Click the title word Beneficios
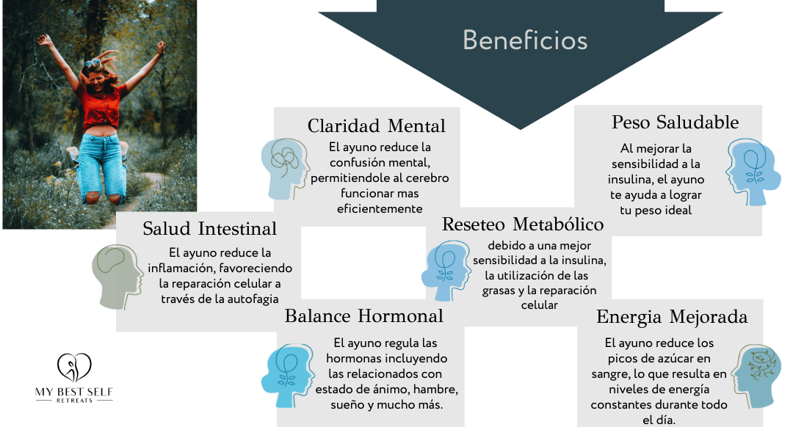coord(525,40)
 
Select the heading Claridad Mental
coord(376,126)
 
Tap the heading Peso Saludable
coord(675,123)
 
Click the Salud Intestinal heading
coord(209,228)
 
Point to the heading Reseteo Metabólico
coord(523,224)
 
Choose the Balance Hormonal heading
coord(363,315)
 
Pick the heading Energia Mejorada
coord(672,317)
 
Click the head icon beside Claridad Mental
coord(285,169)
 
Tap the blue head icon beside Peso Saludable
coord(753,172)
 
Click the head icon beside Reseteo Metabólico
coord(445,270)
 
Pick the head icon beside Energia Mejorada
coord(756,376)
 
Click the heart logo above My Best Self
coord(74,367)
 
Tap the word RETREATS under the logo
coord(74,401)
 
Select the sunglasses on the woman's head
coord(93,62)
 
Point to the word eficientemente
coord(380,208)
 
